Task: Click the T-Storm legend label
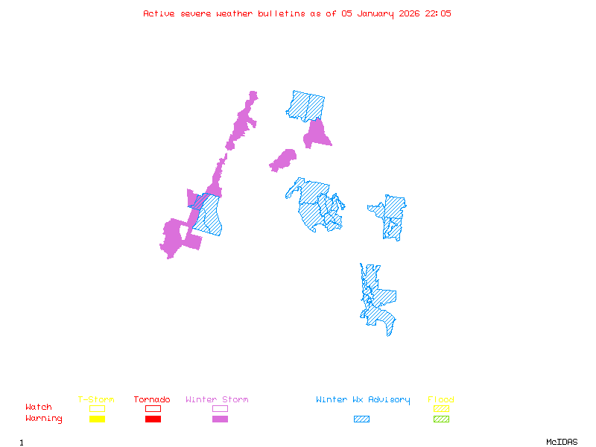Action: [96, 400]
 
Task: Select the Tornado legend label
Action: [152, 400]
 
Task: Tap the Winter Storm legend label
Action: [217, 400]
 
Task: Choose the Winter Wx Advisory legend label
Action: [363, 400]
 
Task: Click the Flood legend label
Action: [441, 400]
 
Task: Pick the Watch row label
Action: [39, 408]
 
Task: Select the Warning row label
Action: [44, 419]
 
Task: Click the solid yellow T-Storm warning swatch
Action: [97, 419]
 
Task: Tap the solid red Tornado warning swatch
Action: [153, 419]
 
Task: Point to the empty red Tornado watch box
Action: [153, 408]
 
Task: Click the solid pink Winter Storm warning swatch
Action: [220, 419]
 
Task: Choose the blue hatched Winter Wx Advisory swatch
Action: [361, 419]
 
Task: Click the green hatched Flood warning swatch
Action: [441, 419]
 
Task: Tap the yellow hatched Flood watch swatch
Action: [441, 408]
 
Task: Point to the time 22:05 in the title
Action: [438, 13]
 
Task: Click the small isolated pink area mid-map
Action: [283, 159]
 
